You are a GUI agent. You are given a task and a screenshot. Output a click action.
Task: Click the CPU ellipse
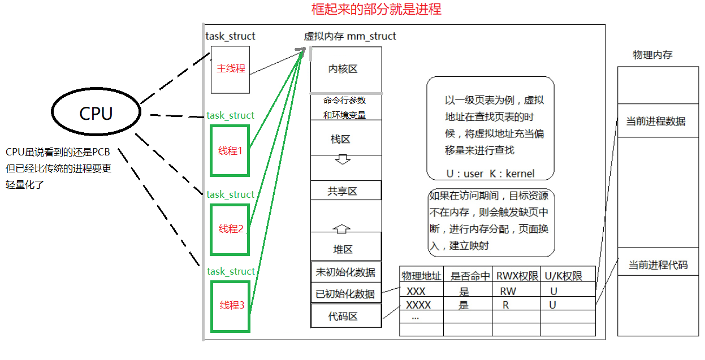tap(96, 114)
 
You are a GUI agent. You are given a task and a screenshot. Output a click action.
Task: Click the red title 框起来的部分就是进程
tap(376, 10)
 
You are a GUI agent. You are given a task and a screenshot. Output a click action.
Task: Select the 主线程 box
tap(230, 69)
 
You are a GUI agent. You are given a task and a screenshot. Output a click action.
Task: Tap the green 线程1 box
tap(230, 151)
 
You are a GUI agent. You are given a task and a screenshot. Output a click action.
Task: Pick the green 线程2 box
tap(230, 229)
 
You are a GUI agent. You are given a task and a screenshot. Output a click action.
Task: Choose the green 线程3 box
tap(230, 306)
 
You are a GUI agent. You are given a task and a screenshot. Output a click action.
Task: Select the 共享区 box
tap(346, 191)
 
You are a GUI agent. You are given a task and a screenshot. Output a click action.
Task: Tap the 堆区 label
tap(343, 249)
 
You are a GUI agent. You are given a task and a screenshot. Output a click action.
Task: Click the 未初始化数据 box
tap(345, 272)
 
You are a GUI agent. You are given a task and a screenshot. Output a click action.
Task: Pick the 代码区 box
tap(345, 316)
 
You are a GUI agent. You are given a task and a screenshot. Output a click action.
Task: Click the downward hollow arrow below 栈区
tap(343, 159)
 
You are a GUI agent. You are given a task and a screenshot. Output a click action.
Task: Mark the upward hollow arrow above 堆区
tap(343, 229)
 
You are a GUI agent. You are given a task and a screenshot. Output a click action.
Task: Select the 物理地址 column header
tap(421, 276)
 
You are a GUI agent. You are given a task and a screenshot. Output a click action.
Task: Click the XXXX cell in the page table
tap(419, 305)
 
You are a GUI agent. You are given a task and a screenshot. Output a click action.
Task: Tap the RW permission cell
tap(508, 292)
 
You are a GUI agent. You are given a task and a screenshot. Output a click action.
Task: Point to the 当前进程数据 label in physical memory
tap(655, 121)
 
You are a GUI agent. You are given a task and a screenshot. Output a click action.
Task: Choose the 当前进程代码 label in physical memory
tap(658, 264)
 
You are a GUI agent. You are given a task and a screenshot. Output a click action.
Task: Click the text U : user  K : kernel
tap(490, 174)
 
